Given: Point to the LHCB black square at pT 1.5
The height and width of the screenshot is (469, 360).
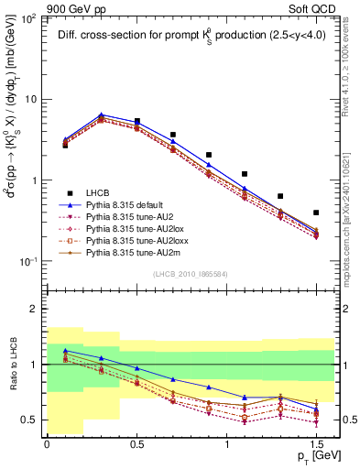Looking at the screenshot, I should click(316, 213).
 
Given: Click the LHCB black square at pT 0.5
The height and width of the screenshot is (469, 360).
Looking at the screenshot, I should click(137, 121).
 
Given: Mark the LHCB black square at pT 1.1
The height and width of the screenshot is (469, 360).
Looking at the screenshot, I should click(245, 174).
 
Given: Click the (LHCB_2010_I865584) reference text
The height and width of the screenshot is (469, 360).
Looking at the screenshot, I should click(190, 275).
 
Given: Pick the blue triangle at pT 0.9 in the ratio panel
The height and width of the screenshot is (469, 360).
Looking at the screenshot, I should click(209, 387).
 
